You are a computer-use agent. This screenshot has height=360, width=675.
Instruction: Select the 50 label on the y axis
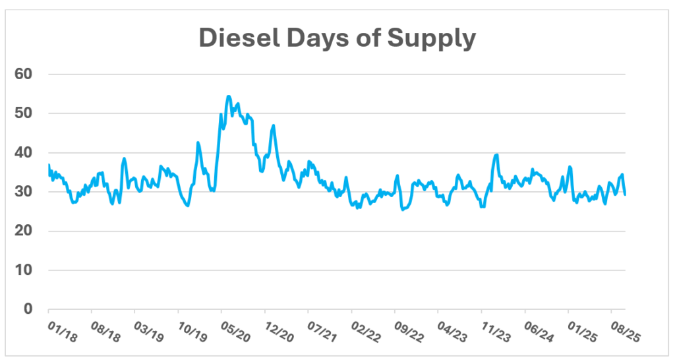pyautogui.click(x=24, y=113)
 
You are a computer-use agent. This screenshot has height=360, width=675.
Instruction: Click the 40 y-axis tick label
pyautogui.click(x=24, y=152)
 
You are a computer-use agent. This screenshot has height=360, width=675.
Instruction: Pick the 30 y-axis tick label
pyautogui.click(x=24, y=191)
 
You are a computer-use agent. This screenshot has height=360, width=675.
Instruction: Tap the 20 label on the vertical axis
pyautogui.click(x=24, y=231)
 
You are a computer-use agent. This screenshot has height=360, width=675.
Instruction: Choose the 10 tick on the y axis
pyautogui.click(x=24, y=270)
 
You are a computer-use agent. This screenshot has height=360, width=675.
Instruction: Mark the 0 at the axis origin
pyautogui.click(x=28, y=309)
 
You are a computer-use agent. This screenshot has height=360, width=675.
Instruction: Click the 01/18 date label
pyautogui.click(x=63, y=330)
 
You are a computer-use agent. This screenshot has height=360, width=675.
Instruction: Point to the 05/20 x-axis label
pyautogui.click(x=236, y=330)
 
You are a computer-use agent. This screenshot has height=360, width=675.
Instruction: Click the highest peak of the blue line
pyautogui.click(x=229, y=96)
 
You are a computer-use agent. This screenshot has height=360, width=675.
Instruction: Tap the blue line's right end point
pyautogui.click(x=624, y=194)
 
